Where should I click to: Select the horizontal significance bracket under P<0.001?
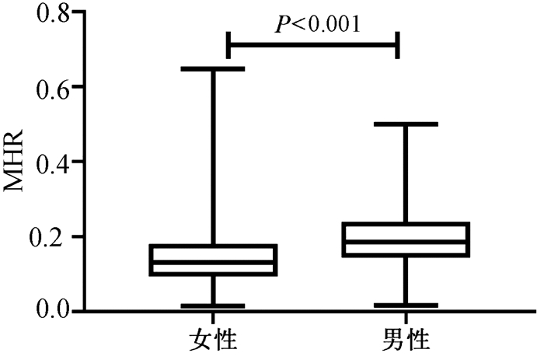[312, 44]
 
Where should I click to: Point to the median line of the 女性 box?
[213, 262]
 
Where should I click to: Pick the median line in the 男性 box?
[405, 241]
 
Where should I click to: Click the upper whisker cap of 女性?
[213, 68]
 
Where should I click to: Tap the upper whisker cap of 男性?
[405, 124]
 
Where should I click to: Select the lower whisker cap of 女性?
[213, 306]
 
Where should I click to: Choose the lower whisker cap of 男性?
[405, 305]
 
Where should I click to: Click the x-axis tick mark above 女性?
[213, 316]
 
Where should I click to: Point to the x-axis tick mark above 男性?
[405, 316]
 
